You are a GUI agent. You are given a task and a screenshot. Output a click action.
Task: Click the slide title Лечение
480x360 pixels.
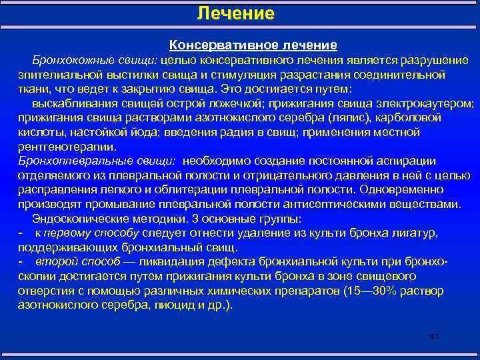236,13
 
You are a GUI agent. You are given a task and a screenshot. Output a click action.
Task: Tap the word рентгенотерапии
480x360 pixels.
67,147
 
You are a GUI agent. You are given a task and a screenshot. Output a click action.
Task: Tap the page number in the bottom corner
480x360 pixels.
435,335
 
